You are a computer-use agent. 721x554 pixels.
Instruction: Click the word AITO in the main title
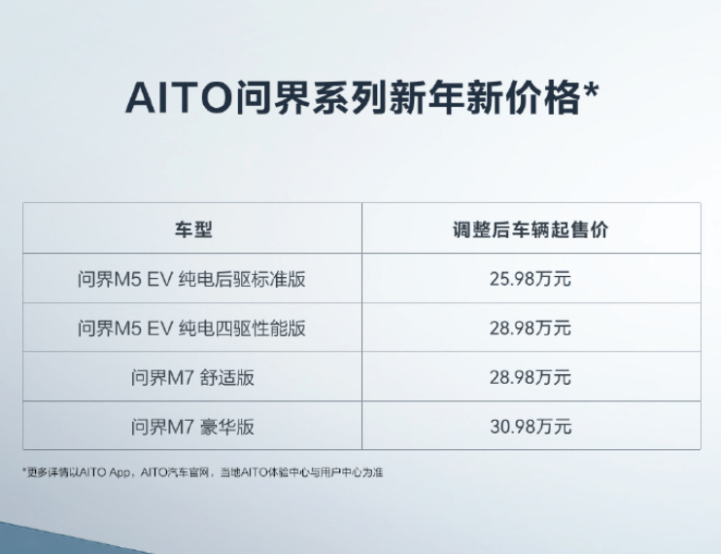coord(178,97)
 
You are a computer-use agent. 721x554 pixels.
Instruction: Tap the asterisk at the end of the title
coord(590,89)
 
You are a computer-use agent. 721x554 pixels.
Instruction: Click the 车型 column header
coord(193,229)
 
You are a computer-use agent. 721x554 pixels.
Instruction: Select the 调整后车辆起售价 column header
coord(531,229)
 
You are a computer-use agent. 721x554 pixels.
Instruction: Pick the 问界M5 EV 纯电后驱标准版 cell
coord(191,279)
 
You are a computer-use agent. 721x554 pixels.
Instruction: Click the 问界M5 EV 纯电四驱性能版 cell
coord(191,329)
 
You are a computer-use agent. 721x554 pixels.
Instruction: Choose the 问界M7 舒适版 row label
coord(192,377)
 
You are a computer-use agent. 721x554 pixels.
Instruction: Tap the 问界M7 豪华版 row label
coord(192,427)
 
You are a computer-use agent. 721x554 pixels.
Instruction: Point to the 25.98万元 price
coord(531,279)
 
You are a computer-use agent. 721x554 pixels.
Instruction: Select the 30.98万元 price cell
coord(531,427)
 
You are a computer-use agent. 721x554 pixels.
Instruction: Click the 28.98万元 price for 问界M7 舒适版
coord(531,377)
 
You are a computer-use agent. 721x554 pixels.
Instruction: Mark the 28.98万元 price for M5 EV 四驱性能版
coord(531,329)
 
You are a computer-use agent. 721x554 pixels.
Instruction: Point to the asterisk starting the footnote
coord(24,470)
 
